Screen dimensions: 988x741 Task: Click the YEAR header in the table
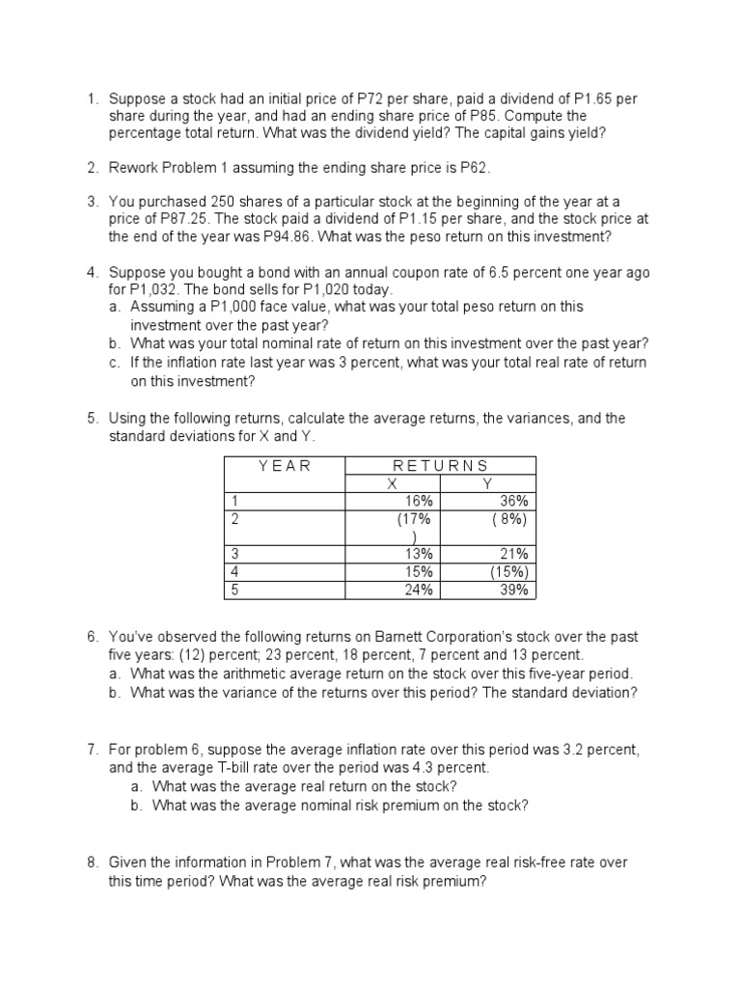click(285, 466)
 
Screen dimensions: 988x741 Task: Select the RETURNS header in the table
click(440, 466)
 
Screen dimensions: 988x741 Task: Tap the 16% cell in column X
click(420, 501)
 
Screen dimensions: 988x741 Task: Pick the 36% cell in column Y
click(511, 501)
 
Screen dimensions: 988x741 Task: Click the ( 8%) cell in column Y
click(508, 518)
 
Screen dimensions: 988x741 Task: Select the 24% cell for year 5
click(420, 590)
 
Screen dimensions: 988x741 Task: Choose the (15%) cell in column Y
click(508, 571)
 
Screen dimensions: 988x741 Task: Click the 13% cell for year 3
click(420, 554)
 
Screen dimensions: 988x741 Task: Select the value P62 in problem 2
click(475, 168)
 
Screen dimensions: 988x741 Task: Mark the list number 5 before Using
click(92, 419)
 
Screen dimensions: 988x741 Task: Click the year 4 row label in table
click(232, 571)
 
